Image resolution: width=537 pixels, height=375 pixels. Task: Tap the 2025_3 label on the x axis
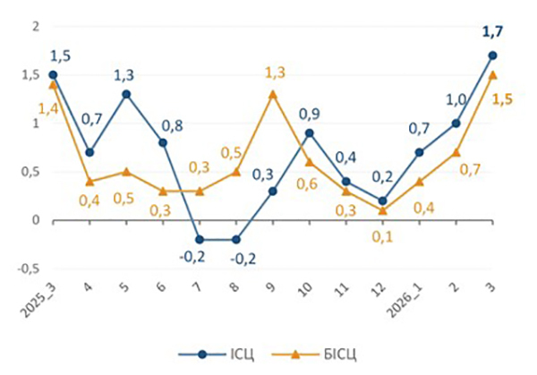pos(39,302)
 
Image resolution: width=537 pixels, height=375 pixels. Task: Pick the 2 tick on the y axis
pos(33,26)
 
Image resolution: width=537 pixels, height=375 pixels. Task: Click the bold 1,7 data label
pos(493,34)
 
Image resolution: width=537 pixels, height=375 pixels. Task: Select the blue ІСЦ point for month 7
pos(200,239)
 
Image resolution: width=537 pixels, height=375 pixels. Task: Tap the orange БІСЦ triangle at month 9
pos(273,94)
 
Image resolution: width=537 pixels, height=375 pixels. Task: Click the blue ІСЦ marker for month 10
pos(310,132)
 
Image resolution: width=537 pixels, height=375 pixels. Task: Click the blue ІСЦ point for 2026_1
pos(420,152)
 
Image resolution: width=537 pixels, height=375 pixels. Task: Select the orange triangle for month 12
pos(383,209)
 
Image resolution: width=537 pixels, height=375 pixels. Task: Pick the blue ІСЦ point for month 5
pos(126,94)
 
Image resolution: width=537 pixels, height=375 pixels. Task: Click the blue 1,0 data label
pos(457,101)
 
